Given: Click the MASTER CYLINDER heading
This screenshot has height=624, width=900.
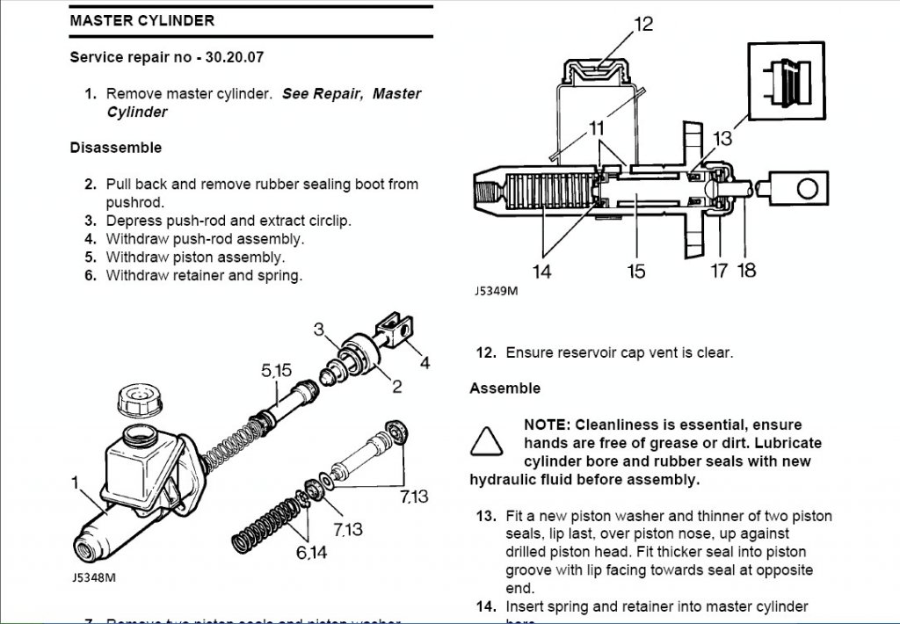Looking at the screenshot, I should (x=142, y=20).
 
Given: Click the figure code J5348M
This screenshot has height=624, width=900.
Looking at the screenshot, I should (x=92, y=577).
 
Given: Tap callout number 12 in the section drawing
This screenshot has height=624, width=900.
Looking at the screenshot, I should (x=643, y=24).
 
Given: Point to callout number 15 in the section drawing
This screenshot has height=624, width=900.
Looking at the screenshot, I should (x=636, y=271).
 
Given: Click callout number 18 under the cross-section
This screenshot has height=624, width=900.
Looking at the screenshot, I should (x=746, y=271).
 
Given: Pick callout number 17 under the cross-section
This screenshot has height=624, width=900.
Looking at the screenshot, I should (x=719, y=271).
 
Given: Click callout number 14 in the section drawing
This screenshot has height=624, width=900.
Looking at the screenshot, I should (x=542, y=271).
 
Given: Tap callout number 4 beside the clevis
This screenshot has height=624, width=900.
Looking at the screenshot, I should (x=425, y=362).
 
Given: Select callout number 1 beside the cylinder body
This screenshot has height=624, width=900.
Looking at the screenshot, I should (x=75, y=481).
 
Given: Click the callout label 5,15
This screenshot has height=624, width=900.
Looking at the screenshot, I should (x=276, y=371).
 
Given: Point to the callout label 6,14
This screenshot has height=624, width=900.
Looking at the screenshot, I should (x=312, y=553).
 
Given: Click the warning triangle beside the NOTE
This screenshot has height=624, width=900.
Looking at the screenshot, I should (x=486, y=439).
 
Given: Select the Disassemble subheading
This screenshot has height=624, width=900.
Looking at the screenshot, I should (x=115, y=148).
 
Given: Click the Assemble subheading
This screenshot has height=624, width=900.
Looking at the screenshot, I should (x=504, y=388).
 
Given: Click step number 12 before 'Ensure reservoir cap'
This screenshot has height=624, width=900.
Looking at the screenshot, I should (x=486, y=352).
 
